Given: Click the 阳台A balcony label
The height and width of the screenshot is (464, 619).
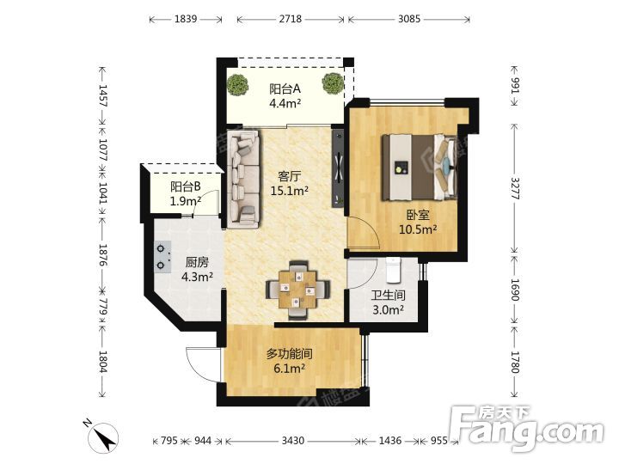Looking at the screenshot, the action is [285, 89].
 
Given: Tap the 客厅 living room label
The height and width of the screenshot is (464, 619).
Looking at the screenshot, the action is [289, 176].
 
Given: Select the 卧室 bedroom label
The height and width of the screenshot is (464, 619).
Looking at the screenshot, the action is [418, 215].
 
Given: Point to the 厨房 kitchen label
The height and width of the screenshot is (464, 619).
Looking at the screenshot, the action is [197, 262].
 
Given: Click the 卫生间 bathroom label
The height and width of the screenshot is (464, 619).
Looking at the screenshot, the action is [388, 295].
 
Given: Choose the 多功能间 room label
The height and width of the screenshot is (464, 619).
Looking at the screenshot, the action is [289, 354].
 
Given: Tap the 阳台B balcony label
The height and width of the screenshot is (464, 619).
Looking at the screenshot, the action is [186, 186].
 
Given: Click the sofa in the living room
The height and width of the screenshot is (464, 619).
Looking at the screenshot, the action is [243, 179].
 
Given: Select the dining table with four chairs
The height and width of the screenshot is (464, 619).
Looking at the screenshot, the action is [297, 290].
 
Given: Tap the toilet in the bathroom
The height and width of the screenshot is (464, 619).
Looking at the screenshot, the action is [394, 271].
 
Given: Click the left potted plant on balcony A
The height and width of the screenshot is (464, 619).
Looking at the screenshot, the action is [238, 84].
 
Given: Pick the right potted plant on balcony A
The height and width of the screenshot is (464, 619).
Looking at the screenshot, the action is [332, 83].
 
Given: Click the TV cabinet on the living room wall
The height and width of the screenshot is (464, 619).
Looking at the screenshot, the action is [339, 167].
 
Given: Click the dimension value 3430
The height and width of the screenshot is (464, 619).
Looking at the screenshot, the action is [292, 440].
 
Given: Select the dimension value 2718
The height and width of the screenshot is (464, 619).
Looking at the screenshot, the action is [291, 19].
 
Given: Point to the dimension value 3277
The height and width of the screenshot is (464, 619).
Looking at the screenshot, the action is [515, 188].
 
